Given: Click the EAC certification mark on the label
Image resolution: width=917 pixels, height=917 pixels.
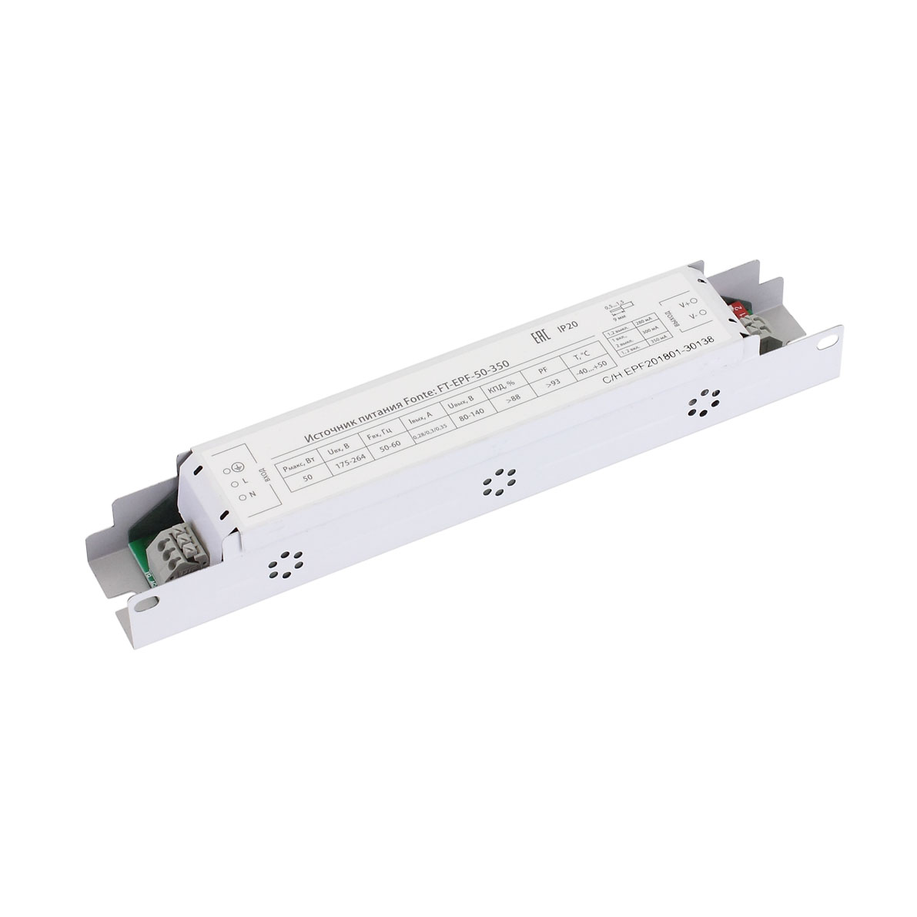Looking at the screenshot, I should click(540, 334).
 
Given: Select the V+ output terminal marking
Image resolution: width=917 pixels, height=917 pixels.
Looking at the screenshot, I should click(689, 302).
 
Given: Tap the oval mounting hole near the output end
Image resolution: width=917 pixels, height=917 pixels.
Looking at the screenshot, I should click(828, 336).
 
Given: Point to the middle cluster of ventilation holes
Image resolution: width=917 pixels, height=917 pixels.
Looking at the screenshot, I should click(498, 483).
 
